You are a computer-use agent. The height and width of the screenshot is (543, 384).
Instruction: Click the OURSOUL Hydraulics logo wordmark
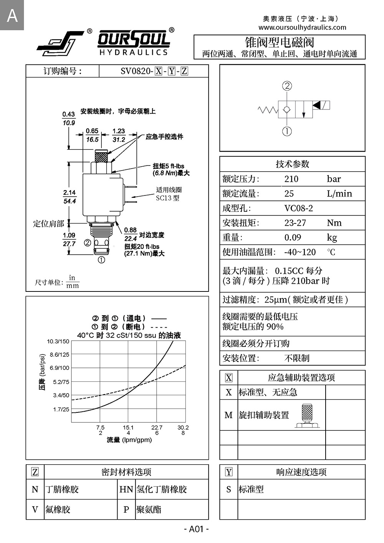click(133, 42)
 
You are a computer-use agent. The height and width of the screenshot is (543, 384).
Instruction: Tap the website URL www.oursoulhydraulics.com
click(302, 27)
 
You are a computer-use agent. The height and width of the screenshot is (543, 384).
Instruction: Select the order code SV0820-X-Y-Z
click(154, 71)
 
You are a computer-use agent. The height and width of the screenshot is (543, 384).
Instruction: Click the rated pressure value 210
click(291, 179)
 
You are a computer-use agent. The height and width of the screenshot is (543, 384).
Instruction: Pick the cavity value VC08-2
click(298, 208)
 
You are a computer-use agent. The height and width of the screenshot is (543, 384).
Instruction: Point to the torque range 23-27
click(295, 223)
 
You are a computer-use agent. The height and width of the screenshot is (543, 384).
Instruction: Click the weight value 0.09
click(293, 237)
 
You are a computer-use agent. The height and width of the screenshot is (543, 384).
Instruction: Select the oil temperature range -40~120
click(300, 252)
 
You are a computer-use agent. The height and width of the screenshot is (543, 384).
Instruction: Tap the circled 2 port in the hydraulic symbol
click(287, 86)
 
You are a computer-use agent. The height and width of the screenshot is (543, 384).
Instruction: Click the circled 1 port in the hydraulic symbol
click(287, 131)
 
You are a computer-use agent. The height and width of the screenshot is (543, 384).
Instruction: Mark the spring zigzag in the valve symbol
click(268, 110)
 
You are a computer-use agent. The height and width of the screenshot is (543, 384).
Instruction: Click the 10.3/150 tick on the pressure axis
click(58, 341)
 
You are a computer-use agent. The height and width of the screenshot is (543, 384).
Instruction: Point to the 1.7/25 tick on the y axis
click(61, 409)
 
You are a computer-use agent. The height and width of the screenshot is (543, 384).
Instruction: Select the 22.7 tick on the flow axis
click(157, 427)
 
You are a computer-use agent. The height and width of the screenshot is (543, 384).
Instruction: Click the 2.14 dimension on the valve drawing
click(70, 193)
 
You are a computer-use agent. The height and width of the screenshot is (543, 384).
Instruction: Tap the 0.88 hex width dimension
click(130, 230)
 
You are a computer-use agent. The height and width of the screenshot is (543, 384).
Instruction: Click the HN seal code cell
click(126, 489)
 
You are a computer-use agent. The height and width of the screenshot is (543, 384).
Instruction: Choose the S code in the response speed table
click(228, 489)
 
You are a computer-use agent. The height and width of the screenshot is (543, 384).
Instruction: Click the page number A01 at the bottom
click(196, 529)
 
